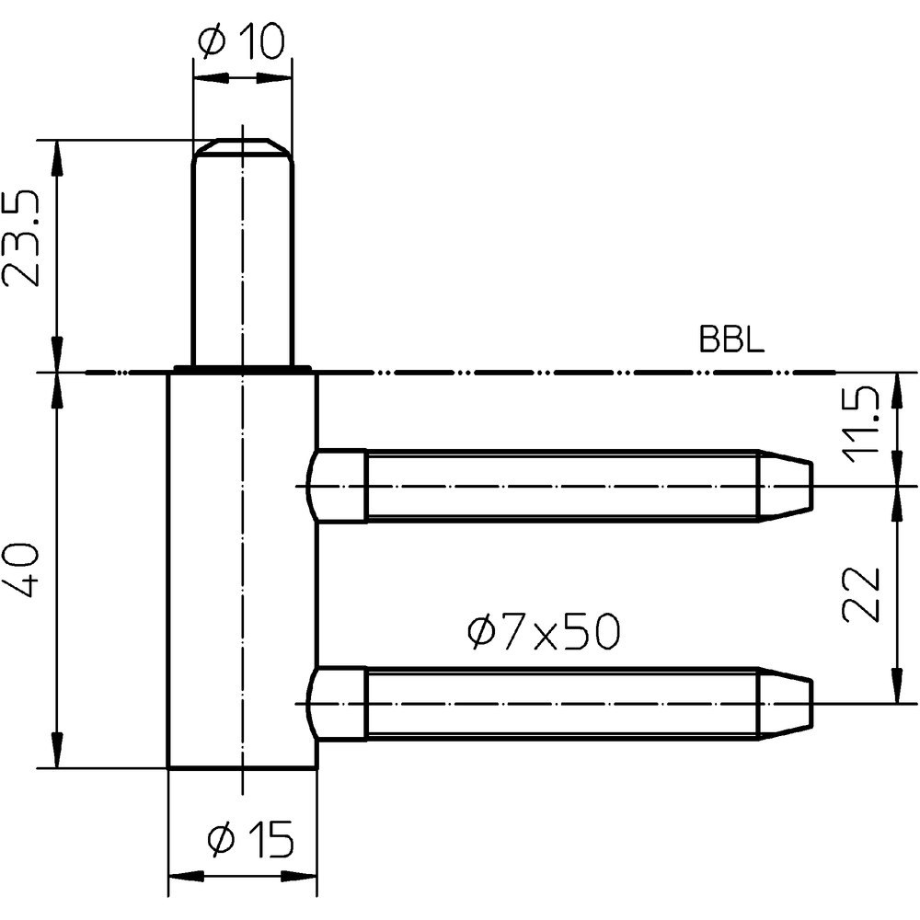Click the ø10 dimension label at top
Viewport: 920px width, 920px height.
[x=242, y=42]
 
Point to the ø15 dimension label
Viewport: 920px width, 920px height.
[x=250, y=838]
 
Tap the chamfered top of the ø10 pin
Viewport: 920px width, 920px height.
[x=243, y=148]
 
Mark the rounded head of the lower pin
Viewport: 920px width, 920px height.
[x=337, y=705]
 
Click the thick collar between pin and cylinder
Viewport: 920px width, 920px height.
[x=242, y=370]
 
